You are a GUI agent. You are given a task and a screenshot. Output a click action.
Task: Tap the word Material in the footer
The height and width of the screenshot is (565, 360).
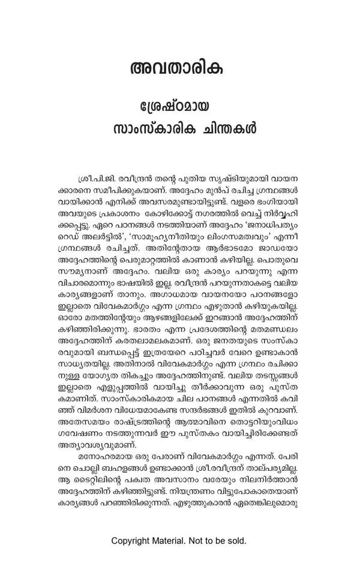[177, 540]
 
